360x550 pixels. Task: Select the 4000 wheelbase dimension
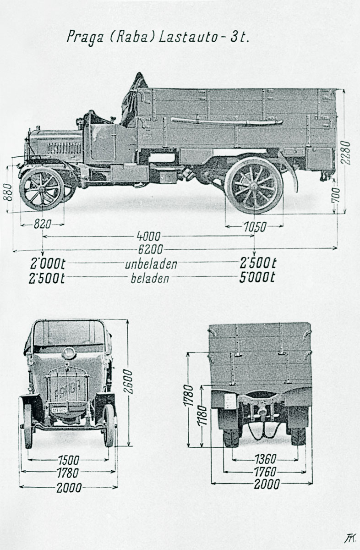148,236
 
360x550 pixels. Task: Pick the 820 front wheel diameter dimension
42,224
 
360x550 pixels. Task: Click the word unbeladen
151,265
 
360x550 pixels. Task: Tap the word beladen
150,278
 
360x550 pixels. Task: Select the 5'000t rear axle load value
258,278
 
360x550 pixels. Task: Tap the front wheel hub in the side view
42,188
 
